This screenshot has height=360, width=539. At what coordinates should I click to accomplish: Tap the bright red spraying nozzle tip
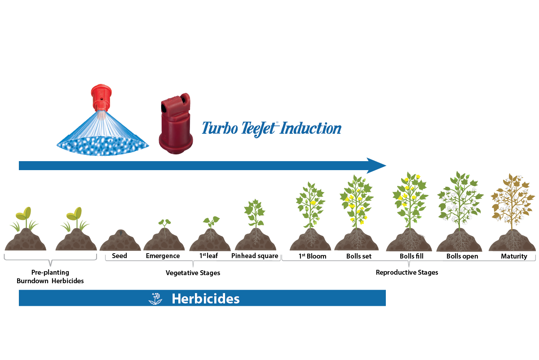(101, 96)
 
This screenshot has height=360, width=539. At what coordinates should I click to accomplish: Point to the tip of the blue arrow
(384, 166)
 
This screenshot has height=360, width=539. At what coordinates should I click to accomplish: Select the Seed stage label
(119, 256)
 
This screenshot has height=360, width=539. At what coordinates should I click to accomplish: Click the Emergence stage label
(163, 256)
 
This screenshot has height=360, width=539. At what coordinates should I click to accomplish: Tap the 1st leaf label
(209, 256)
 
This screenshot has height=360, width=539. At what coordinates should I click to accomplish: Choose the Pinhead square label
(255, 256)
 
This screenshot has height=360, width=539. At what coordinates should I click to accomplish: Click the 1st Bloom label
(312, 256)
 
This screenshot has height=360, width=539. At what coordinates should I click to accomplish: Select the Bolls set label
(359, 256)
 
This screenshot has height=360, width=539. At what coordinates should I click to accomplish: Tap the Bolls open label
(462, 256)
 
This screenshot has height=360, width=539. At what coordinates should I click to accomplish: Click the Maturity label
(514, 256)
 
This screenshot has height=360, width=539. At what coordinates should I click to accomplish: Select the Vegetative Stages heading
(193, 272)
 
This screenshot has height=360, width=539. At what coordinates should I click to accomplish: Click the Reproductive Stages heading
(406, 272)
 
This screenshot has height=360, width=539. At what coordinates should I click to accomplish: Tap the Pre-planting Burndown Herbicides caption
(50, 277)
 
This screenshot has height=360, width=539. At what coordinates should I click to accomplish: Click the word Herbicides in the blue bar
(205, 299)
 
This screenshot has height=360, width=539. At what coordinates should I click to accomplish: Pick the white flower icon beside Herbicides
(155, 299)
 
